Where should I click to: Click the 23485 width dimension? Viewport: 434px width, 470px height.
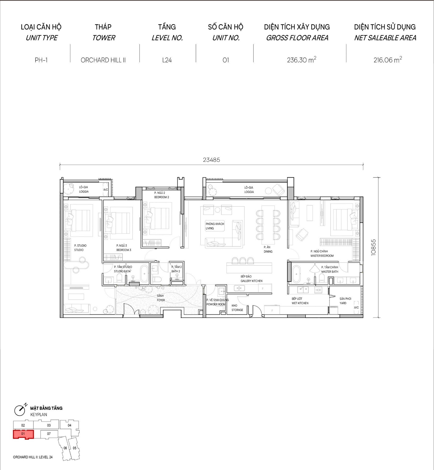tap(212, 160)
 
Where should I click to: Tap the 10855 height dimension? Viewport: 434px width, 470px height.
tap(373, 247)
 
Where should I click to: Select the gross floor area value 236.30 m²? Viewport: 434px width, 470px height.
tap(301, 60)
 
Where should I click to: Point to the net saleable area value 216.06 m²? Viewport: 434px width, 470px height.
tap(388, 60)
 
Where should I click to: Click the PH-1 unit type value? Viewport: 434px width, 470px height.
tap(41, 60)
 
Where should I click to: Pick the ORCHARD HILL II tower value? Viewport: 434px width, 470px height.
tap(103, 60)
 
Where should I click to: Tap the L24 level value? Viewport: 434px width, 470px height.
tap(167, 60)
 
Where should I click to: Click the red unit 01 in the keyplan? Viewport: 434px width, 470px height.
tap(23, 434)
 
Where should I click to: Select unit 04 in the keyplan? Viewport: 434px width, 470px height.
tap(69, 425)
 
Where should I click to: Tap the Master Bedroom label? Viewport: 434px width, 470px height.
tap(322, 254)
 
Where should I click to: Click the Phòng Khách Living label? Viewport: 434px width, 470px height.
tap(215, 226)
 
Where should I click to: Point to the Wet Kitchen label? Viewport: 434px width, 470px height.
tap(300, 301)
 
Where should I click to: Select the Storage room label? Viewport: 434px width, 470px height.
tap(237, 308)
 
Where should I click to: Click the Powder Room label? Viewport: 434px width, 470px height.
tap(217, 302)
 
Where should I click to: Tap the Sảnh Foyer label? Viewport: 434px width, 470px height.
tap(161, 298)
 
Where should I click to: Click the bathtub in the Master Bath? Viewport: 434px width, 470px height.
tap(296, 274)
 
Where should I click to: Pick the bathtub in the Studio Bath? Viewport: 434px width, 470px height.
tap(144, 273)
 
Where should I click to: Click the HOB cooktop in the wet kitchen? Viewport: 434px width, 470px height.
tap(318, 290)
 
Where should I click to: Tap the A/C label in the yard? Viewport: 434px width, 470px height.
tap(356, 307)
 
